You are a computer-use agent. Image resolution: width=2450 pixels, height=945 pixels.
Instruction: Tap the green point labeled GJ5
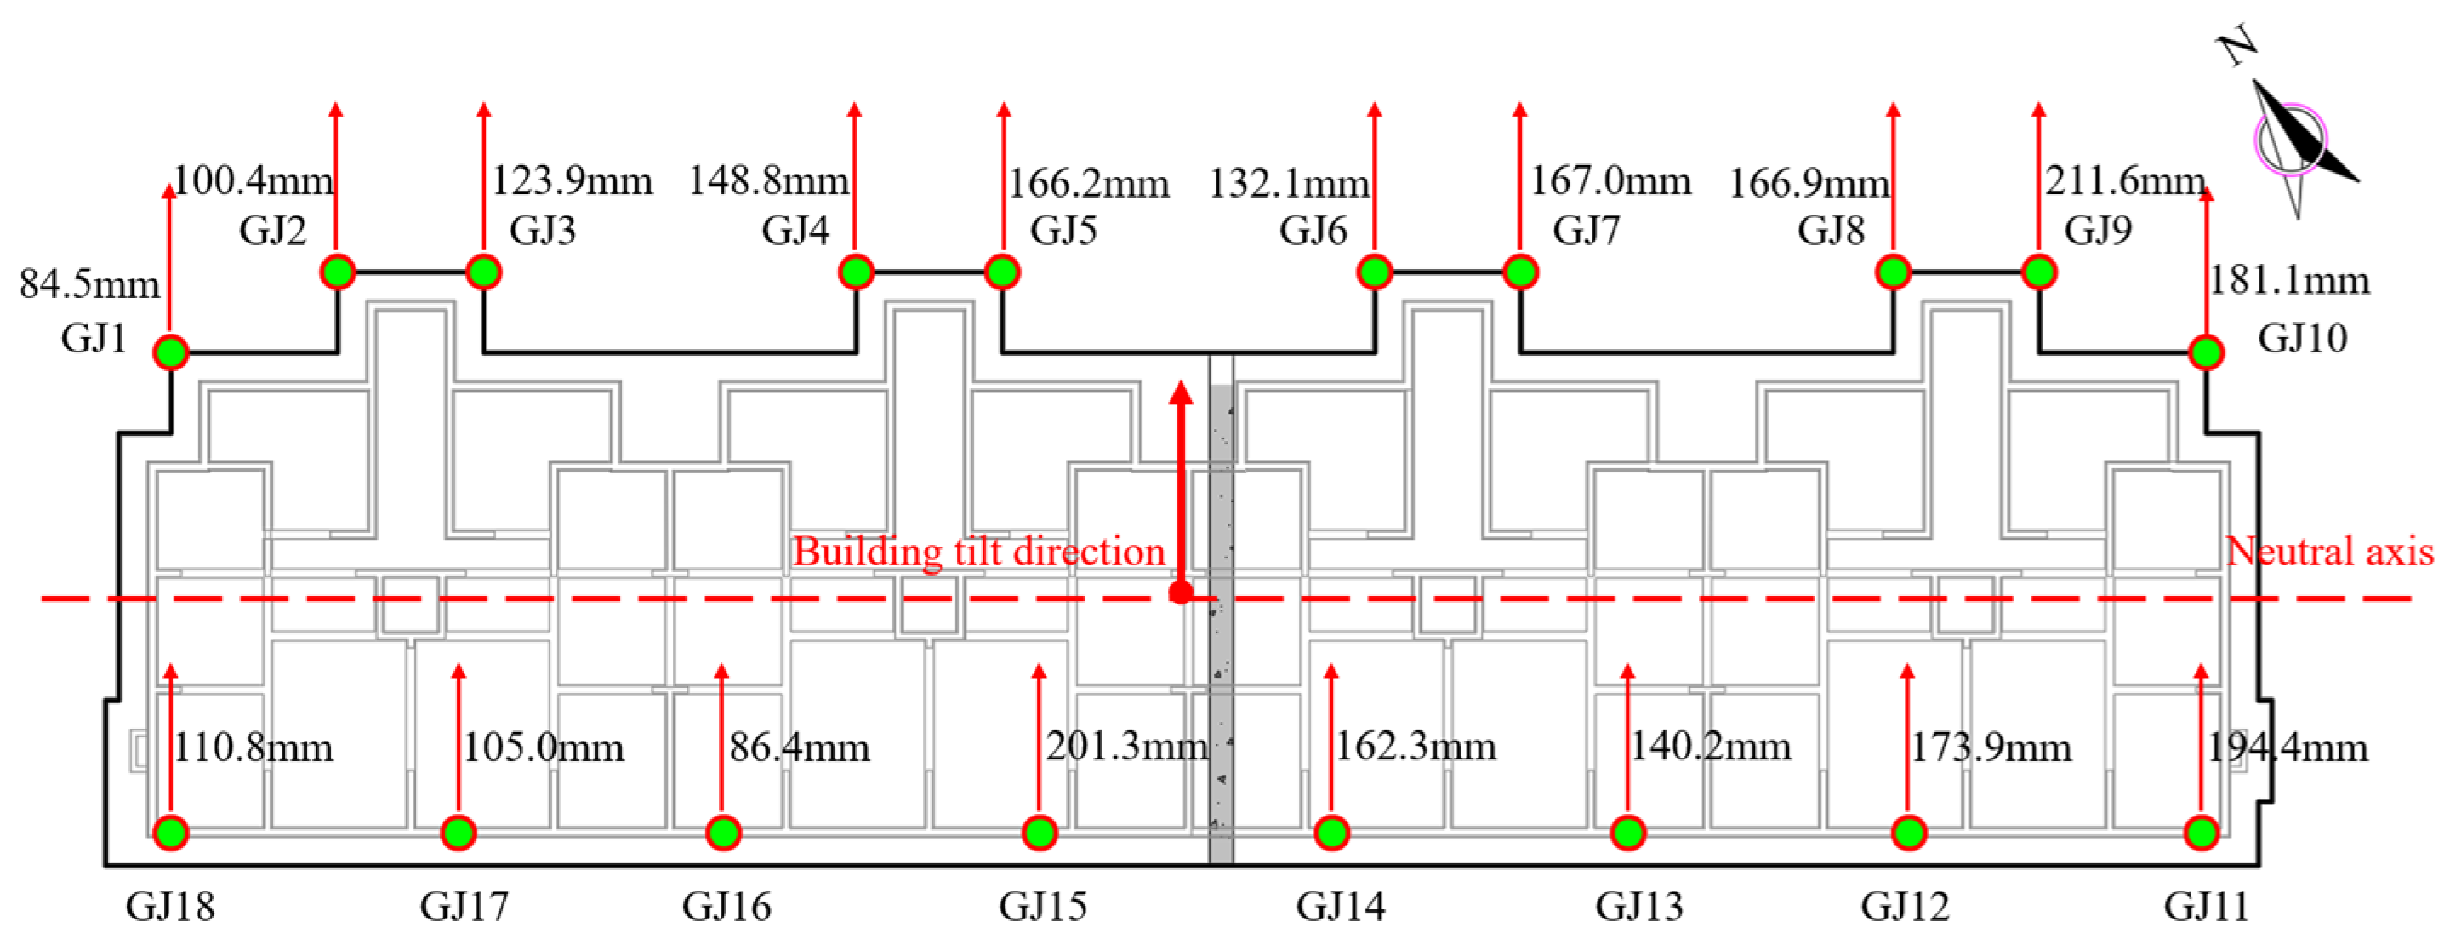[1001, 272]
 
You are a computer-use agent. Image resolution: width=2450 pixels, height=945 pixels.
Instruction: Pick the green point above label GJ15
[1040, 833]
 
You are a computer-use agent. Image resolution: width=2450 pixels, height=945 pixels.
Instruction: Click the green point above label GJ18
[171, 833]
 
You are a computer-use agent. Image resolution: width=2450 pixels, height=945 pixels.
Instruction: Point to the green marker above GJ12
[1908, 833]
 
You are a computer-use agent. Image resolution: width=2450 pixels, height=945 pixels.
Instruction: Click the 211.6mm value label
[2126, 180]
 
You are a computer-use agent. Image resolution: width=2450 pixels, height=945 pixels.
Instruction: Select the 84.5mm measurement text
[89, 283]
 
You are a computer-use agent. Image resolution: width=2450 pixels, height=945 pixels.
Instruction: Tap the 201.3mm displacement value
[1127, 746]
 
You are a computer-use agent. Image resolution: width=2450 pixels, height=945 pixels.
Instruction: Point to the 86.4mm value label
[800, 747]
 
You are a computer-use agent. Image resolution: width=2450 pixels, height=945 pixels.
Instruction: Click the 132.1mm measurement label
[1289, 183]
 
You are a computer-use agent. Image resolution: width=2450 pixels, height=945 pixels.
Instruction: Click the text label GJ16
[726, 906]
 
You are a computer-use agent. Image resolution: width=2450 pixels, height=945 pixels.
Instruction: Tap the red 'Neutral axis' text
[2329, 551]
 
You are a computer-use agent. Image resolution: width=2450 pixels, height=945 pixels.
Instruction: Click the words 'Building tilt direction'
[978, 552]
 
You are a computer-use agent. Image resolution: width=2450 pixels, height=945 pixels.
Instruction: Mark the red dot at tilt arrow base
[1180, 593]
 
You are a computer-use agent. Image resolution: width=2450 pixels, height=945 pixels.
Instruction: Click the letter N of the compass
[2238, 46]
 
